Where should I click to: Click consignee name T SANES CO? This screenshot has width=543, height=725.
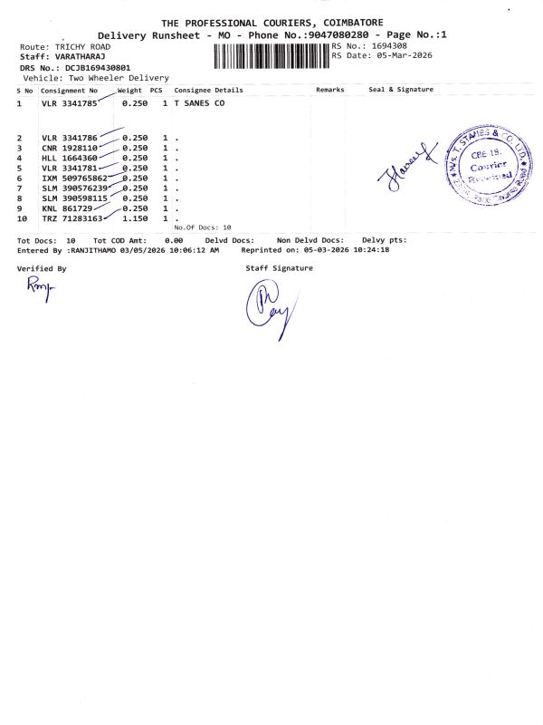coord(199,104)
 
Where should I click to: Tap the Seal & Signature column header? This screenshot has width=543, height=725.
coord(401,90)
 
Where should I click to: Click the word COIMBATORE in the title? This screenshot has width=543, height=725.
coord(345,22)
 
